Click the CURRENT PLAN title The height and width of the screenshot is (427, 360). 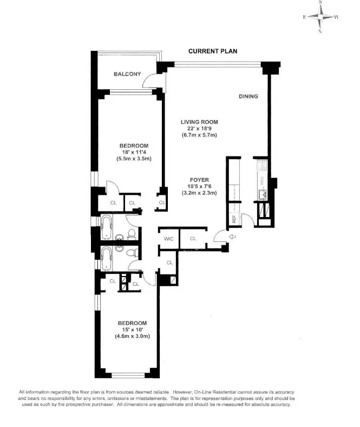[x=212, y=51]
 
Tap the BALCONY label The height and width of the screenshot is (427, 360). [x=127, y=74]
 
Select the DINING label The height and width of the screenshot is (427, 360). [x=248, y=96]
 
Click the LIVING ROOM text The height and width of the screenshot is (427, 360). [x=199, y=122]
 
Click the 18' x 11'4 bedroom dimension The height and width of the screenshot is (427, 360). [x=133, y=152]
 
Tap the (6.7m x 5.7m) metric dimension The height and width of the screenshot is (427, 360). [x=199, y=135]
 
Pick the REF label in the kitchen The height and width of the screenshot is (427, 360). [x=234, y=219]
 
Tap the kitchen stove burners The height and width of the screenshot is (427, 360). [x=260, y=163]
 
